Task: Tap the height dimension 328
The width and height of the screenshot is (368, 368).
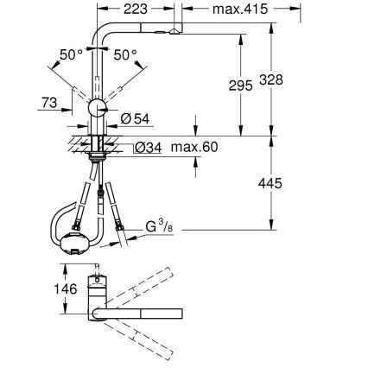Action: [295, 78]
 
